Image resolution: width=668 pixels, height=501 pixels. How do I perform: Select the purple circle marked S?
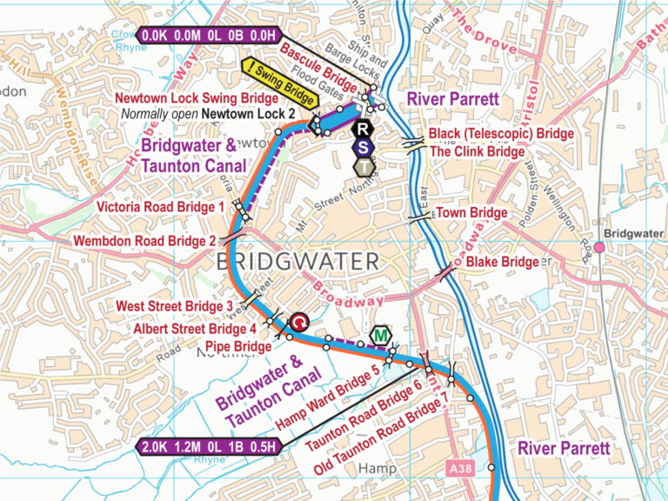363,147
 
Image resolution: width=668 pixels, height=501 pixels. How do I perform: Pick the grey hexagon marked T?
363,165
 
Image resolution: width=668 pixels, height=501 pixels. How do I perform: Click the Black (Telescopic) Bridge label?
501,134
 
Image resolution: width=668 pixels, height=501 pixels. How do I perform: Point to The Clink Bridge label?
478,151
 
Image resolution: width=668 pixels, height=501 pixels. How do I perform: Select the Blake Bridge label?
502,262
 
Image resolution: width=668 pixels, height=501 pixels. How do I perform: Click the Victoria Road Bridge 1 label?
161,207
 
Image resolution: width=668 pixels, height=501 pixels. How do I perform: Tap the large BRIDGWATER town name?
296,261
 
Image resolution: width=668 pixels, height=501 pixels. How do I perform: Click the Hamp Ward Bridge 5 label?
328,397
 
